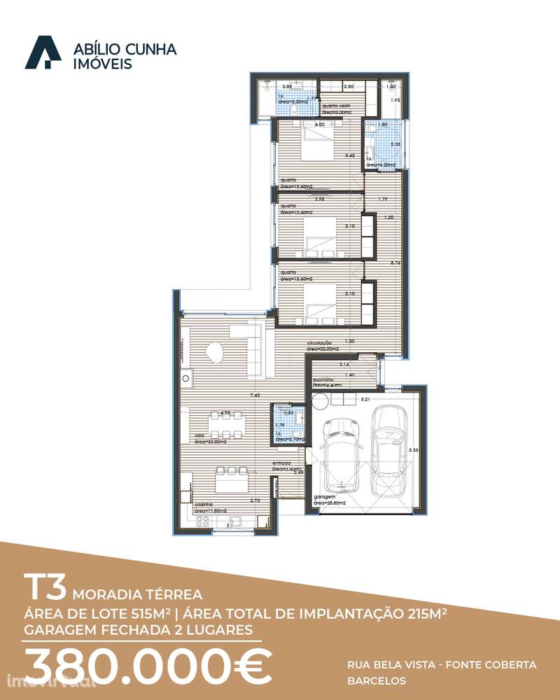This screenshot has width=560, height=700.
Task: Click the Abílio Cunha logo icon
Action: pos(43,53)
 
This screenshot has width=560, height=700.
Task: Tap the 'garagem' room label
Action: pos(324,496)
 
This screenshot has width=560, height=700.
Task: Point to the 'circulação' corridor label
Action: pos(319,343)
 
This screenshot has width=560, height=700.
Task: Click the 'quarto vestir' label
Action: pos(336,106)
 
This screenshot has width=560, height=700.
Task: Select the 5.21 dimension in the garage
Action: pos(364,399)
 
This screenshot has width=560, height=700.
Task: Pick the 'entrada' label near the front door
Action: pos(281,463)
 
